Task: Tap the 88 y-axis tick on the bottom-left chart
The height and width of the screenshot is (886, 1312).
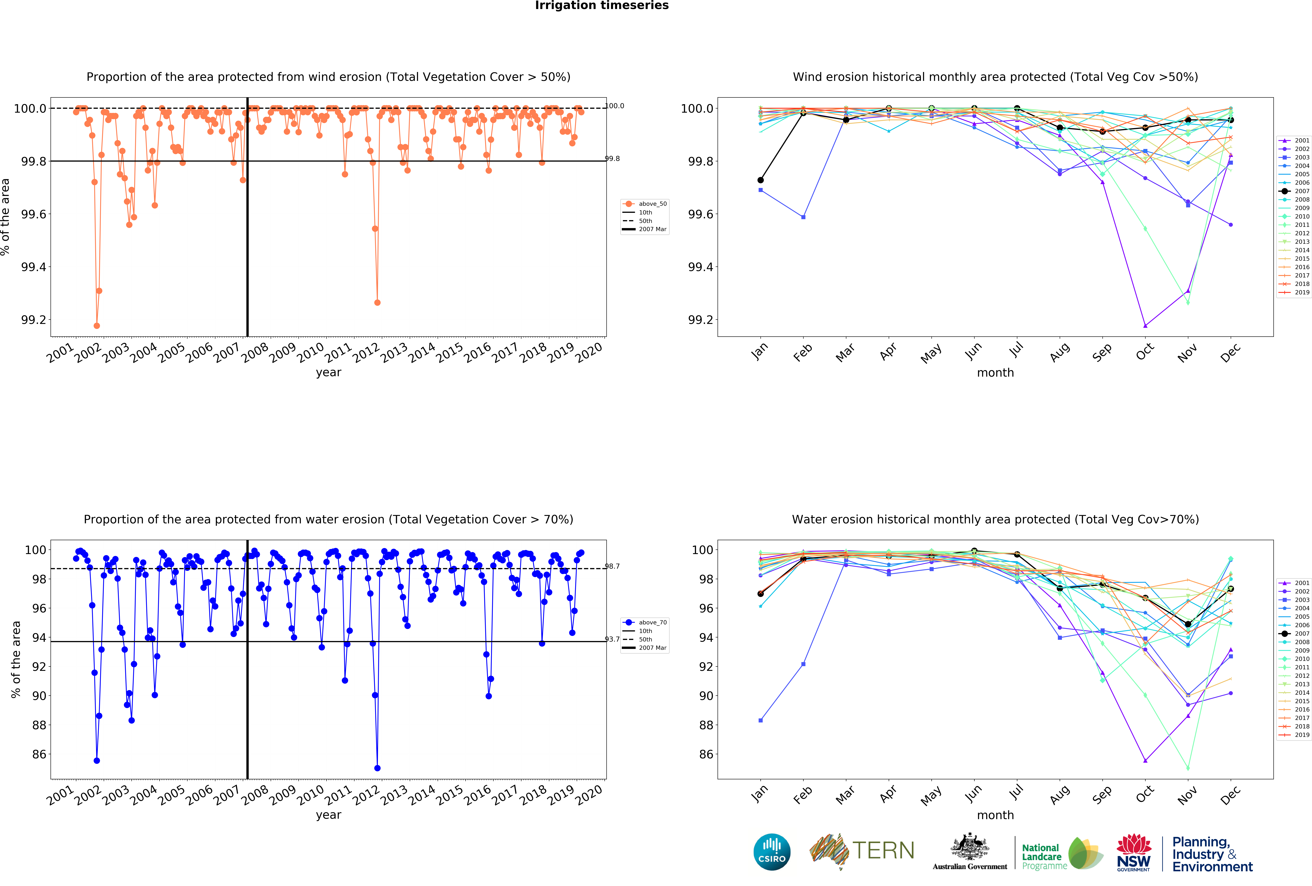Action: click(39, 725)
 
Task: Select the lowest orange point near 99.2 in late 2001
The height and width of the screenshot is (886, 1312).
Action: click(97, 326)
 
